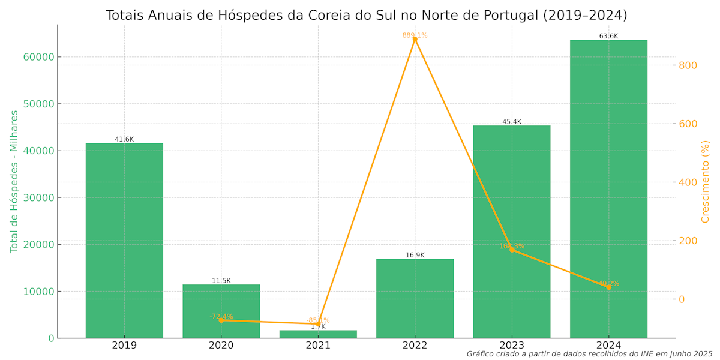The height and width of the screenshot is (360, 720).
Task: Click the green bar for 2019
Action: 124,240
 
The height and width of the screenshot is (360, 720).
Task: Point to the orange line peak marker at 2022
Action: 415,39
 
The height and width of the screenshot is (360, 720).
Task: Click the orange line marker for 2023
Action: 512,250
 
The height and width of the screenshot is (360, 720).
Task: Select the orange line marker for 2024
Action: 608,287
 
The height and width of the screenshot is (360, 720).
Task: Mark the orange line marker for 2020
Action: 221,320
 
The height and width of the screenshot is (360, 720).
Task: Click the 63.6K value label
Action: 608,37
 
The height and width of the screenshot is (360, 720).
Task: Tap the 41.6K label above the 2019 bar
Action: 124,139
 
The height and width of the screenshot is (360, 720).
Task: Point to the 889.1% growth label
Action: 415,35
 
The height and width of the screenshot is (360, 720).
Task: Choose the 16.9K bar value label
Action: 415,255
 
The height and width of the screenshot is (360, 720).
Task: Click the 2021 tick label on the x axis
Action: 318,346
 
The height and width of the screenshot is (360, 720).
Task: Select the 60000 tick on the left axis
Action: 38,57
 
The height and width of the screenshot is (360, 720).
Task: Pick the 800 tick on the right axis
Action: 688,65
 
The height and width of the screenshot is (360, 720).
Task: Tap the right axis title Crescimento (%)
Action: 706,181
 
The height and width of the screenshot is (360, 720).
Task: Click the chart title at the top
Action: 366,15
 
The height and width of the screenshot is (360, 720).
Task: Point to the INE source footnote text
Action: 589,354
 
